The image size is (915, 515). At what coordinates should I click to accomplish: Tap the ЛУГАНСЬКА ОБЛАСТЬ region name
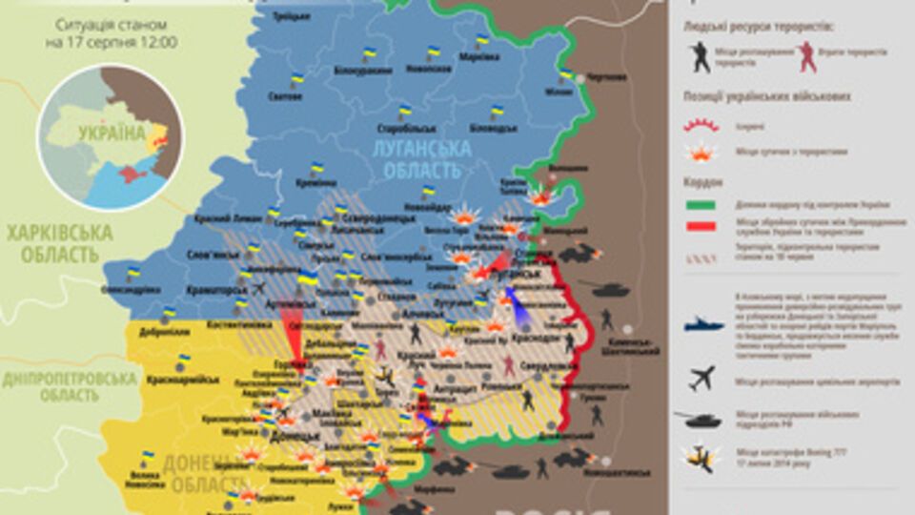422,158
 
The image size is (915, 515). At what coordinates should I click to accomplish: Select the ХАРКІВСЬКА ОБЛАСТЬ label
59,243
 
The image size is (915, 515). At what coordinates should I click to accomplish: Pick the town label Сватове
286,96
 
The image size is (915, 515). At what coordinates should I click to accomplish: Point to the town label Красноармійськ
183,379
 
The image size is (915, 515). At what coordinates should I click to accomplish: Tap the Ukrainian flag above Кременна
316,168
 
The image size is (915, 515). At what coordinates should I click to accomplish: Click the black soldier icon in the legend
701,56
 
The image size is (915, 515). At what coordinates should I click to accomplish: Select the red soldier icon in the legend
807,56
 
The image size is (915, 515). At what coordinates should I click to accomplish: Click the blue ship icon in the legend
702,325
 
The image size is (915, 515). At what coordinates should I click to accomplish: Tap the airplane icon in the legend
701,379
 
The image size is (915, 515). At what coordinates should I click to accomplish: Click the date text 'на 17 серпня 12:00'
112,42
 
